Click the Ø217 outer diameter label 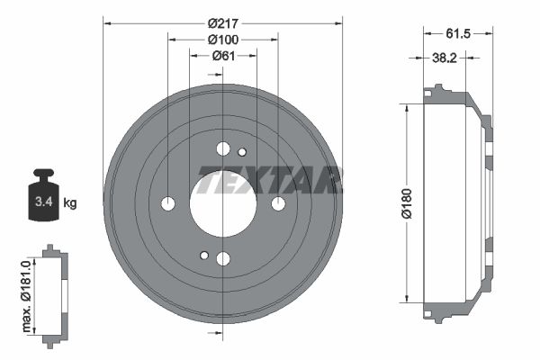coord(222,22)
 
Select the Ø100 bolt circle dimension coord(222,40)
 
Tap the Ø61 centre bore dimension coord(222,56)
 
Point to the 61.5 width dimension coord(459,33)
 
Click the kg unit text coord(70,203)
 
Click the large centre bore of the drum coord(222,203)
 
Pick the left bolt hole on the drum coord(167,203)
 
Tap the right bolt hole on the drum coord(278,203)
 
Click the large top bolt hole coord(223,148)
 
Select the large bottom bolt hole coord(223,259)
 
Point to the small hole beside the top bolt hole coord(241,151)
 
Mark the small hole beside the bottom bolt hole coord(204,256)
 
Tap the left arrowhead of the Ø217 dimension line coord(107,22)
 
